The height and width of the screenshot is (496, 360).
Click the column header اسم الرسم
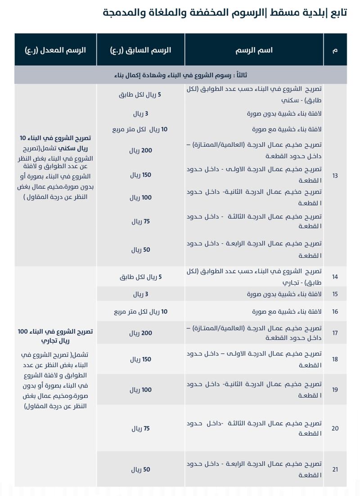(x=254, y=50)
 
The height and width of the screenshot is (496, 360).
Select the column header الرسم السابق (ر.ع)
(x=140, y=50)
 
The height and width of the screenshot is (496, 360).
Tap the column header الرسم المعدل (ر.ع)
(x=55, y=50)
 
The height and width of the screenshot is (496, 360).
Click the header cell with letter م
(x=335, y=50)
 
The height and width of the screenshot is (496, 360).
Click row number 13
(x=335, y=176)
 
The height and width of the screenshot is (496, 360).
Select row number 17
(x=335, y=334)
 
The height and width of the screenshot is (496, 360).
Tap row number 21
(x=335, y=469)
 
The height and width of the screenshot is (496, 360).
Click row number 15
(x=335, y=294)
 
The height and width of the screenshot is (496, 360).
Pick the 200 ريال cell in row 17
(x=140, y=334)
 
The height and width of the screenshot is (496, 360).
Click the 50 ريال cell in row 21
(x=140, y=469)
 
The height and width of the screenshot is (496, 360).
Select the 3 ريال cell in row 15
(x=140, y=294)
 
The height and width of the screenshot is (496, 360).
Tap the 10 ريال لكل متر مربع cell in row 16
(x=140, y=311)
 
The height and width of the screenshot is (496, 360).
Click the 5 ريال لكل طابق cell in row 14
(x=140, y=277)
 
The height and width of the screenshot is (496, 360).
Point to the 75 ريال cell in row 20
(x=140, y=428)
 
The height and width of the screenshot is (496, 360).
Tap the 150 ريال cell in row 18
(x=140, y=360)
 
